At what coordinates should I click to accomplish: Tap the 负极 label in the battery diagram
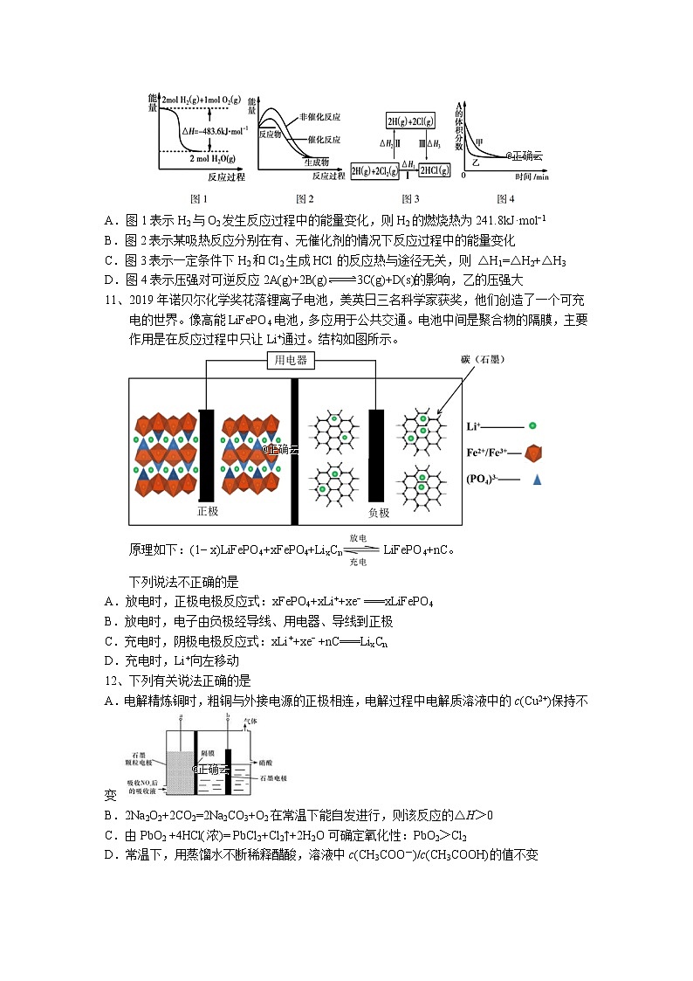click(x=378, y=512)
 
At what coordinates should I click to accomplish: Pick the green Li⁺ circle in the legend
click(x=532, y=426)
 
